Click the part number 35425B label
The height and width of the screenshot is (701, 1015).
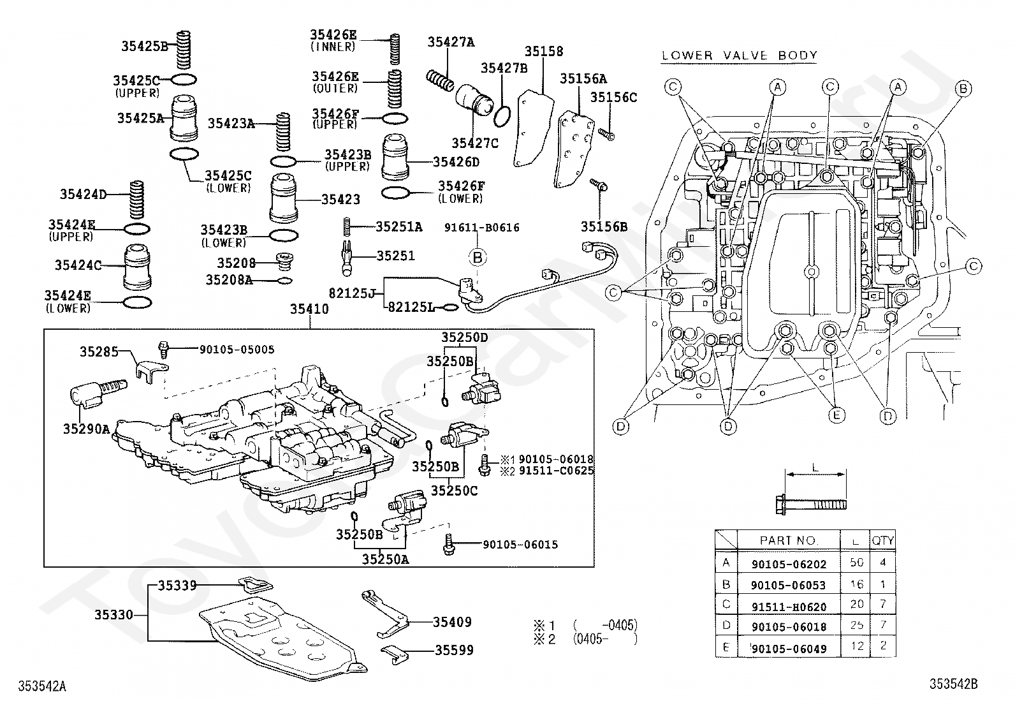[145, 47]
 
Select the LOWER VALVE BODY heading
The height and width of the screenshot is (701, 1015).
[740, 55]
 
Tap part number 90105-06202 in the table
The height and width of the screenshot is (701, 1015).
[789, 564]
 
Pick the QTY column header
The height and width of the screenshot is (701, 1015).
[882, 540]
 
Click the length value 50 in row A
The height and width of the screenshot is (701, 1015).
[856, 562]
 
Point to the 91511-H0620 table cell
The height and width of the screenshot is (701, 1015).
[789, 607]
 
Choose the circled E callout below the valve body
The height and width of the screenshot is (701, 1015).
[836, 415]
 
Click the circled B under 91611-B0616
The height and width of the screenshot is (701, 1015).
[478, 258]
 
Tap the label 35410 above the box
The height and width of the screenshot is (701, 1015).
[309, 309]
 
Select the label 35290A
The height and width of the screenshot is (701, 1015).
[86, 429]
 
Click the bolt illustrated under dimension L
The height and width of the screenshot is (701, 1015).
[810, 504]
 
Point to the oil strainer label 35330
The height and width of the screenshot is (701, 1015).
[113, 615]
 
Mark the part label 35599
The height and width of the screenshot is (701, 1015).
[454, 650]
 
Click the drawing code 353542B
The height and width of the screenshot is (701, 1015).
[953, 684]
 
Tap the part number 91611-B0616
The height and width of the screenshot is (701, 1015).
[481, 228]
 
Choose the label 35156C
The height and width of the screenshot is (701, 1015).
[613, 98]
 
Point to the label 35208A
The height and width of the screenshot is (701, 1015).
[230, 280]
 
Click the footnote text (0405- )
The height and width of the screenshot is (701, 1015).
[605, 639]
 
